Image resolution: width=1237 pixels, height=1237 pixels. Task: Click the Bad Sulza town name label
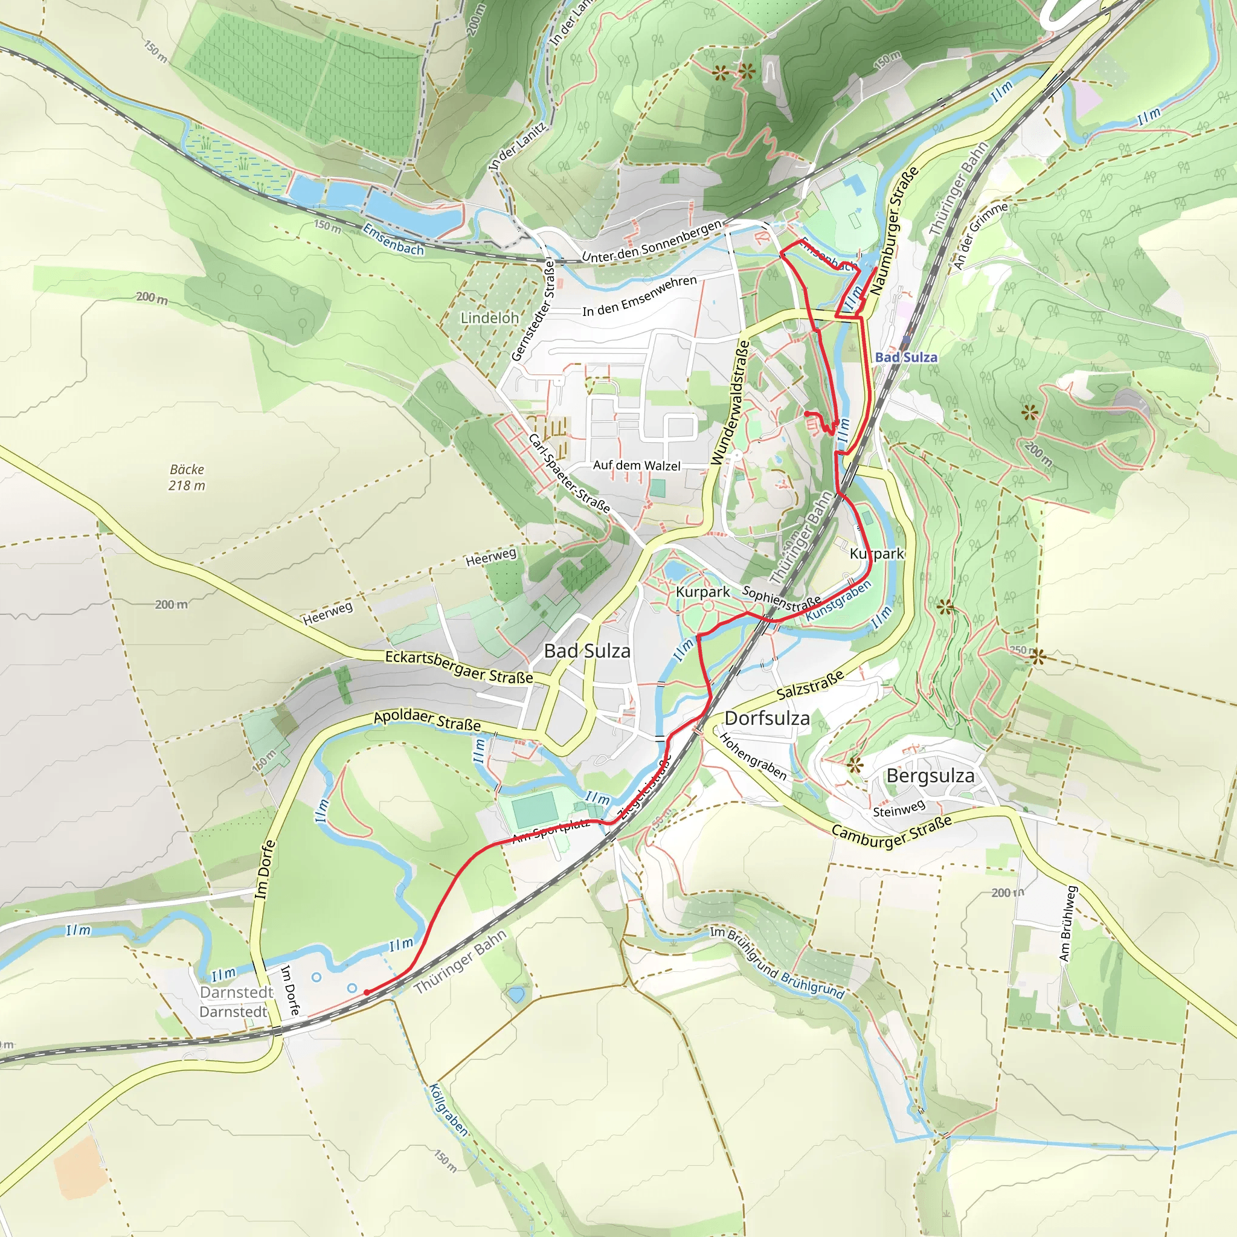click(586, 651)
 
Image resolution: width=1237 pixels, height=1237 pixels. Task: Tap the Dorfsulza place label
click(766, 718)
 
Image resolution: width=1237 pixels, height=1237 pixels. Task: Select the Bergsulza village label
click(930, 776)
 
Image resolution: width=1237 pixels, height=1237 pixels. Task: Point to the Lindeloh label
click(489, 318)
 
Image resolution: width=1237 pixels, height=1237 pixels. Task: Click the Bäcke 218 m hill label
click(187, 478)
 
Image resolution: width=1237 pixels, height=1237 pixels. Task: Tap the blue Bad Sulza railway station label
click(905, 358)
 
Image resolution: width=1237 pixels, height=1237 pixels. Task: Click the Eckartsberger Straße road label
click(458, 667)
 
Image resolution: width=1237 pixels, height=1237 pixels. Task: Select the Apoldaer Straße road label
click(427, 721)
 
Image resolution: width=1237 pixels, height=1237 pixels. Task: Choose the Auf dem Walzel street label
click(637, 466)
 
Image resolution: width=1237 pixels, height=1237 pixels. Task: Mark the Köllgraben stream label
click(448, 1110)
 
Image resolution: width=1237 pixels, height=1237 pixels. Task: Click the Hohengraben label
click(753, 756)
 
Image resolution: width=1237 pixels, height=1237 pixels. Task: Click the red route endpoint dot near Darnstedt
click(366, 992)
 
